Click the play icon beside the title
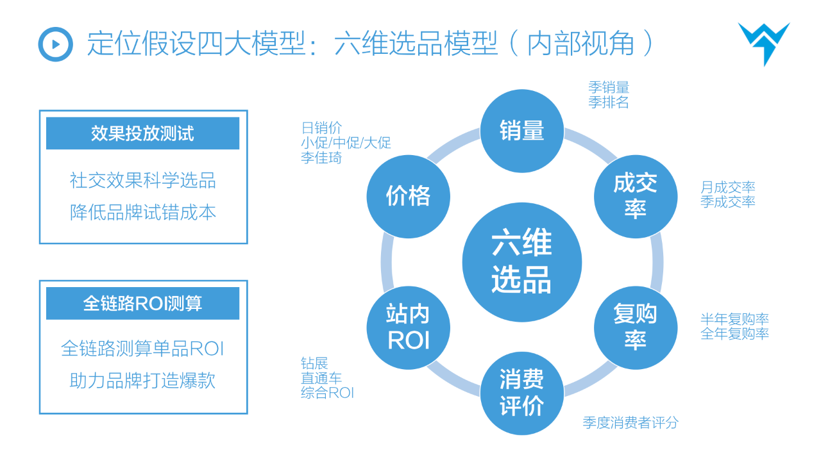click(x=56, y=44)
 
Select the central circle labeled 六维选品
click(x=521, y=263)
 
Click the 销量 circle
click(x=521, y=131)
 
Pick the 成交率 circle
click(x=635, y=196)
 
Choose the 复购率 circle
click(x=635, y=327)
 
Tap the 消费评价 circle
click(x=521, y=393)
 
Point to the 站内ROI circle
click(x=408, y=327)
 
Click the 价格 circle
click(x=408, y=196)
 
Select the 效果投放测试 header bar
click(x=142, y=133)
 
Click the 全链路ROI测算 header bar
click(x=142, y=303)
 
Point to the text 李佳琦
click(x=321, y=158)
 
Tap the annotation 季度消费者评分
click(x=630, y=422)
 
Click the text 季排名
click(x=608, y=103)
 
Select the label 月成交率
click(x=727, y=187)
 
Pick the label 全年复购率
click(x=734, y=333)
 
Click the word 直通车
click(x=321, y=378)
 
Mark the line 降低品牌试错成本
click(x=142, y=212)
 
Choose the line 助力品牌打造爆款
click(x=142, y=381)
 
